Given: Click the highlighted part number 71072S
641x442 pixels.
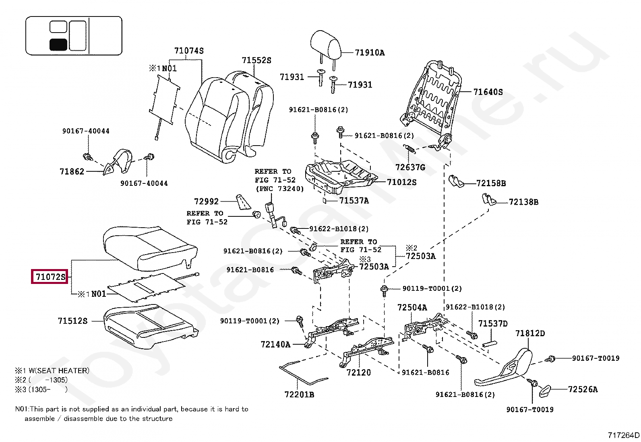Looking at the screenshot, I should click(x=50, y=277).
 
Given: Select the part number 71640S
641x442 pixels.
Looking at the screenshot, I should click(x=488, y=92).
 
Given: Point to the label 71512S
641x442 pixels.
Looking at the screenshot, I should click(x=72, y=321).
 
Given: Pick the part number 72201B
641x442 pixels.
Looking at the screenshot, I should click(x=299, y=395).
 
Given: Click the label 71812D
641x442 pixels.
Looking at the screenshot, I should click(x=530, y=333).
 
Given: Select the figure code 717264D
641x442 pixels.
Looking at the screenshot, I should click(x=623, y=435).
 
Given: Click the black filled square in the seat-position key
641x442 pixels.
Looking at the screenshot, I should click(x=58, y=44).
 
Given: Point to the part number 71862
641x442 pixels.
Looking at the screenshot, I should click(x=72, y=172).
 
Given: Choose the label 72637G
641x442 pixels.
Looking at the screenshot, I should click(x=410, y=167).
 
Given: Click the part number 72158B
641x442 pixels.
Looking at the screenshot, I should click(x=491, y=183).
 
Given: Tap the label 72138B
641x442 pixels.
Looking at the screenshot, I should click(x=523, y=202).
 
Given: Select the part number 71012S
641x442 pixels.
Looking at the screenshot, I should click(x=402, y=182).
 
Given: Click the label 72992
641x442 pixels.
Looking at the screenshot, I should click(x=206, y=201).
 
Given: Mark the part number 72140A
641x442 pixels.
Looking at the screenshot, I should click(x=275, y=344).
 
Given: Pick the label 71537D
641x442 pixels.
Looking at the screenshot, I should click(x=493, y=323).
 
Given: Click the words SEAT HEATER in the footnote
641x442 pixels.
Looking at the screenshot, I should click(x=63, y=370).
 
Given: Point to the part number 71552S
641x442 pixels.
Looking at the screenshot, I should click(x=256, y=60).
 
